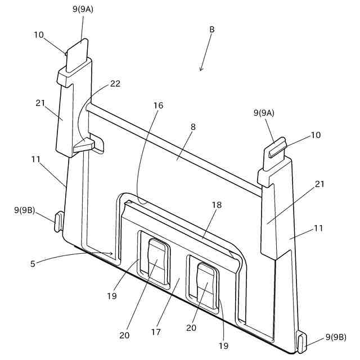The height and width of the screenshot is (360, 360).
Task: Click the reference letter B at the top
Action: coord(211,29)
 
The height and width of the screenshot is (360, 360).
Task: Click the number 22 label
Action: coord(115,83)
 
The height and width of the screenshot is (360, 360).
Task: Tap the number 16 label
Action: coord(159,105)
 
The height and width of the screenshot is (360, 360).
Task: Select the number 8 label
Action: coord(193,127)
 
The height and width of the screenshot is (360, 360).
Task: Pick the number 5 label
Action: coord(33,263)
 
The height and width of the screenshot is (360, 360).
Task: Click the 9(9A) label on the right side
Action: coord(264,113)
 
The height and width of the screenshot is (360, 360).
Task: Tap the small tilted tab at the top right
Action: coord(276,148)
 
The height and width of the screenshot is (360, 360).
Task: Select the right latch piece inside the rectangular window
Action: coord(205,286)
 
